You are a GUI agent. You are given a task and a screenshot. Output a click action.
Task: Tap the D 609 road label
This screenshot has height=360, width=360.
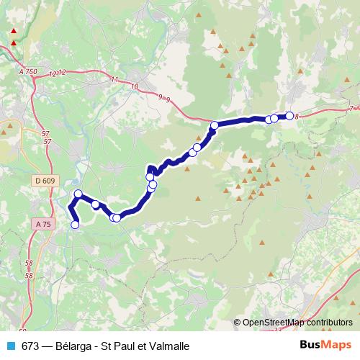tap(44, 180)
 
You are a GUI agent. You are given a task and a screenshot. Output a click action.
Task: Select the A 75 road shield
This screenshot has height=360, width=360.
tap(43, 224)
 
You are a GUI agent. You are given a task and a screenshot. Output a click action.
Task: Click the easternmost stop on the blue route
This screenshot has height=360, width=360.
tap(289, 115)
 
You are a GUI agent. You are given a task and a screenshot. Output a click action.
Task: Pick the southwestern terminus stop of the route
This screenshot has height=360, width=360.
tap(74, 225)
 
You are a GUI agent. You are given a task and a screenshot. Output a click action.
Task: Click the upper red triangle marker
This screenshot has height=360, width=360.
tap(13, 32)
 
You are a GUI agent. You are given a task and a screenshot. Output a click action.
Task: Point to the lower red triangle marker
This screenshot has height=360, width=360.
tap(13, 43)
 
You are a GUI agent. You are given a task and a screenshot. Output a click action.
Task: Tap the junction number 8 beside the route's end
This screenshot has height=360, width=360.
tap(296, 116)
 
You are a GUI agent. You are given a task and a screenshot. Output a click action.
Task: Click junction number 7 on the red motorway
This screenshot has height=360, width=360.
tap(351, 109)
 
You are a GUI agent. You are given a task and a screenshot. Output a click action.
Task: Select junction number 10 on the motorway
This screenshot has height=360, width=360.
tap(135, 86)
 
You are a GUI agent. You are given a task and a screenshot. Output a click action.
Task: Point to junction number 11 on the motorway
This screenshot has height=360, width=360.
tap(114, 78)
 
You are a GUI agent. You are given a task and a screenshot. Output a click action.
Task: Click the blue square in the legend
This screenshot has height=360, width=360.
tap(11, 346)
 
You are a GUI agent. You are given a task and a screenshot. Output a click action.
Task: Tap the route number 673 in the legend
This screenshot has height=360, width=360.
tap(30, 346)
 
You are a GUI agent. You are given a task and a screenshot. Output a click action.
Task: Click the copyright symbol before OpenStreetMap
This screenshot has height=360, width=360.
tap(237, 323)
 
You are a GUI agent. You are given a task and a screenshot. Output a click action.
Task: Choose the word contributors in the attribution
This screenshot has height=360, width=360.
tap(330, 323)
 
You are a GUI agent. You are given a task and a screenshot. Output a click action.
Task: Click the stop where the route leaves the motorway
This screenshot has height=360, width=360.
tap(214, 127)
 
